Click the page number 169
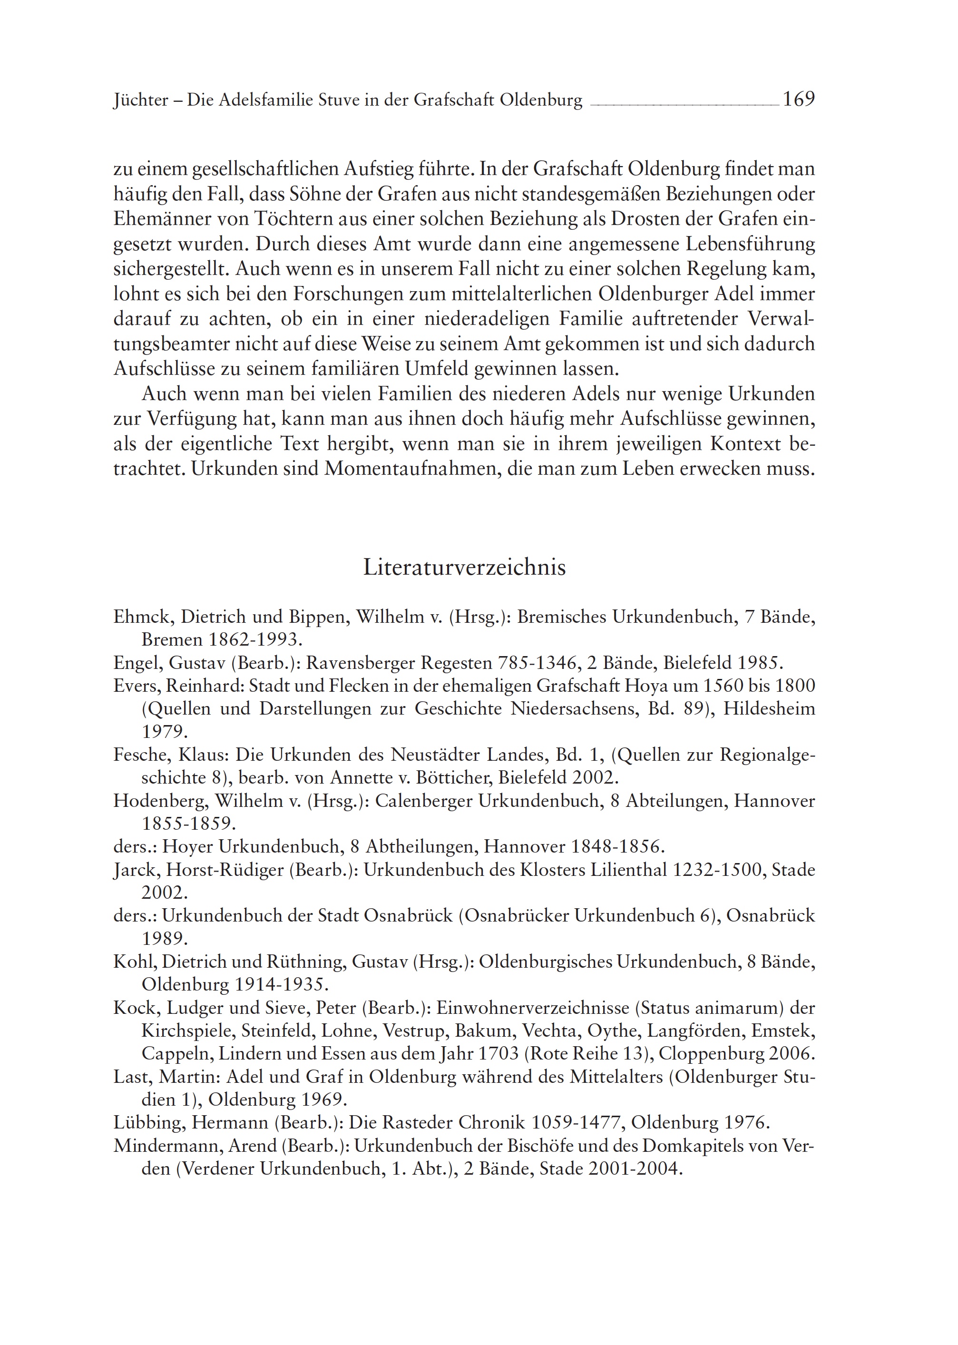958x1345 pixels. point(799,99)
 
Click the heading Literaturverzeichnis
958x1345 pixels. point(464,567)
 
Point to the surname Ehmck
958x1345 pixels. point(142,617)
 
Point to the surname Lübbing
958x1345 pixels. point(147,1123)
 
